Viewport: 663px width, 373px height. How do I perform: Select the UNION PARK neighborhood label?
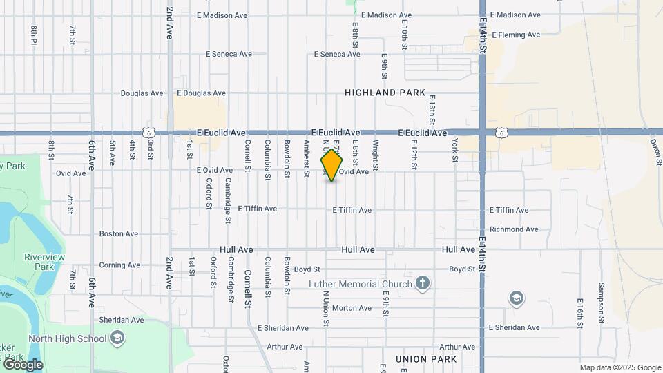(426, 359)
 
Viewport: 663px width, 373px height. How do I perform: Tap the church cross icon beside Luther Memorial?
(423, 283)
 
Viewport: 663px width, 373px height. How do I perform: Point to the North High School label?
(67, 338)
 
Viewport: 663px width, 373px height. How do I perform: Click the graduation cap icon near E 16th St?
(516, 298)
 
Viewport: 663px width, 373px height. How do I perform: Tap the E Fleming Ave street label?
(515, 35)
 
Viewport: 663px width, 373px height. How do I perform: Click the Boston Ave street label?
(119, 234)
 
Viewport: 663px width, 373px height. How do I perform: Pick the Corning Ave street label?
(119, 265)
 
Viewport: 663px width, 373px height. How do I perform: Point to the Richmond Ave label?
(513, 229)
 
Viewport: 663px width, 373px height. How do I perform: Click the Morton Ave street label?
(352, 308)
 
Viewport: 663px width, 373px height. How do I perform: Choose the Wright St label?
(376, 155)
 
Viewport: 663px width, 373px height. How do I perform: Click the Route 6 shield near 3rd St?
(148, 132)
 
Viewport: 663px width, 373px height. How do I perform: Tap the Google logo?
(22, 365)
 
